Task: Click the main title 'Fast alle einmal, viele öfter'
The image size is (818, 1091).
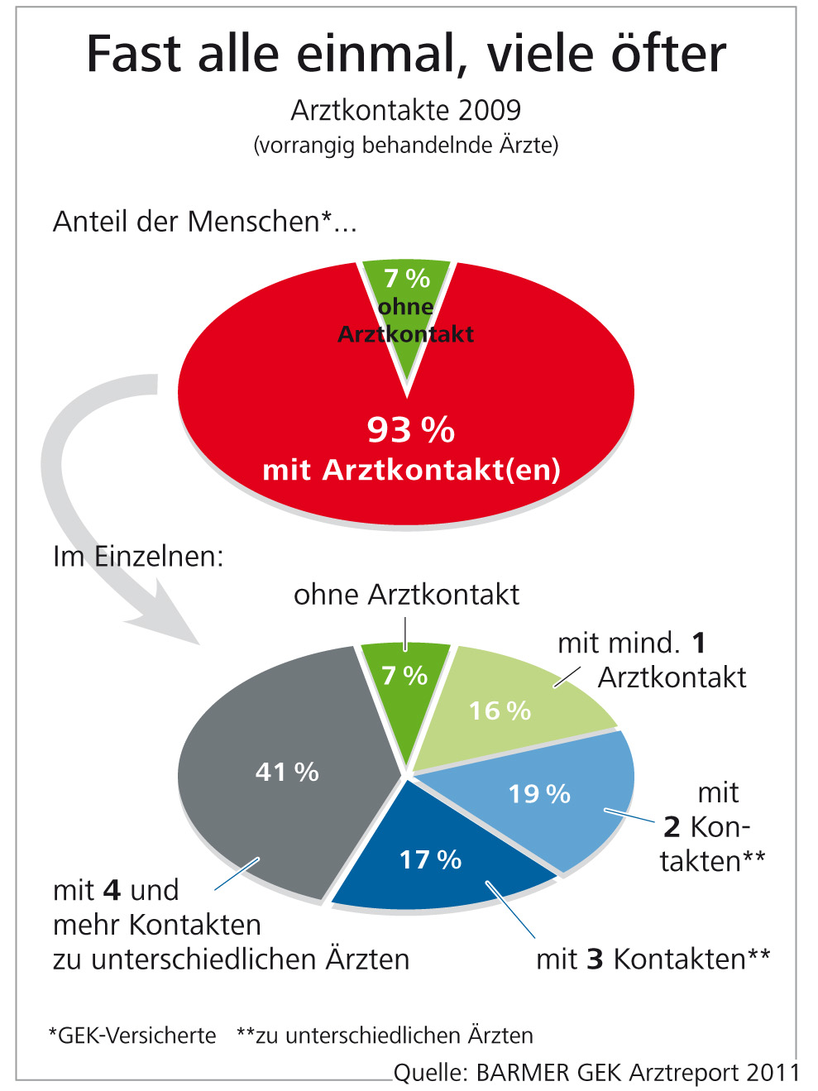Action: pos(406,55)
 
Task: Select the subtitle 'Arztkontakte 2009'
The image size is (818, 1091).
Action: pos(406,110)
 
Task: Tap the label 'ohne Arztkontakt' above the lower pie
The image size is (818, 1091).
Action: pos(406,595)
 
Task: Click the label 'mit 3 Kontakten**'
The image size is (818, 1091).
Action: pos(653,959)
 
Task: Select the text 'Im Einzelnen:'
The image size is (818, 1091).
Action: pos(138,556)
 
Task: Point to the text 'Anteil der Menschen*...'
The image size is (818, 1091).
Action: pos(204,222)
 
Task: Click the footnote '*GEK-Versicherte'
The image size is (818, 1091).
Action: pos(132,1036)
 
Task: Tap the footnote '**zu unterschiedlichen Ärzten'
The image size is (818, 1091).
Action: pos(385,1036)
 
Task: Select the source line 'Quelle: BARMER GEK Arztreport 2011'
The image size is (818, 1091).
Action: pos(596,1073)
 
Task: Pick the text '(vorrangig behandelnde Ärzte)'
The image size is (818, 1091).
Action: pos(406,146)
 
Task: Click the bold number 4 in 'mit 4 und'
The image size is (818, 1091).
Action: pos(112,891)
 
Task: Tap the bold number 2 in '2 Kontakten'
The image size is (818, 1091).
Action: pos(672,826)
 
